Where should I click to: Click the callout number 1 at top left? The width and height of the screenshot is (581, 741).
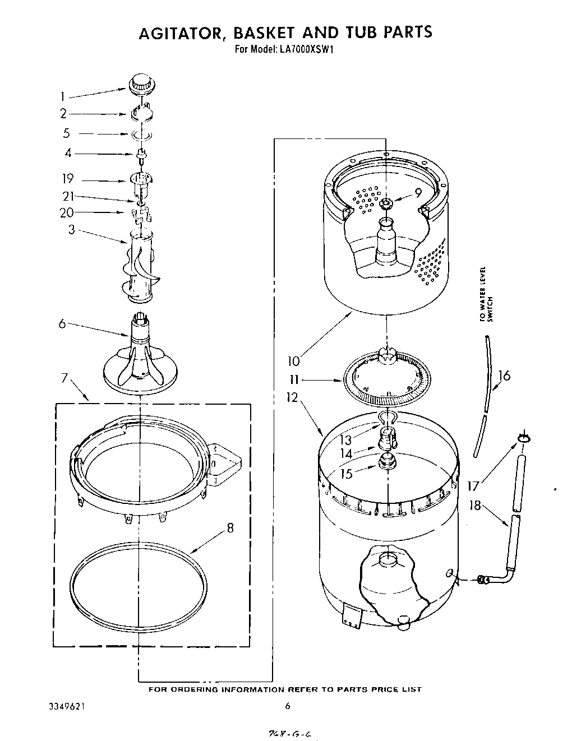point(63,97)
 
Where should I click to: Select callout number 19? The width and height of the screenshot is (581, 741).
point(68,179)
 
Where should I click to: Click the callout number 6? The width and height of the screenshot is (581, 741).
point(62,323)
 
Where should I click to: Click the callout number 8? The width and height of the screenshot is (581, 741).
point(230,527)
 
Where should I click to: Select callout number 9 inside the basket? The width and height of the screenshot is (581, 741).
point(417,193)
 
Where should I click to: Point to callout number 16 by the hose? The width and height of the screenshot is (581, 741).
point(504,375)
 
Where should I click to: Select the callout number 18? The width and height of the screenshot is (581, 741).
point(475,505)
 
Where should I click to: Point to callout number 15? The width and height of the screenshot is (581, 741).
point(347,473)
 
